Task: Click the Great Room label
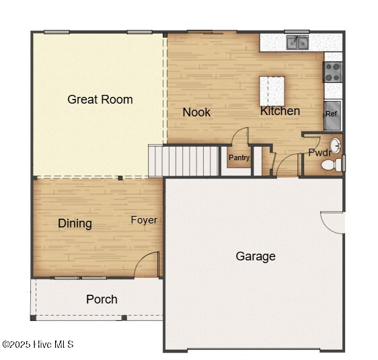(x=100, y=100)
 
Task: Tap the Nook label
(x=196, y=112)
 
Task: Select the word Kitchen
(x=280, y=111)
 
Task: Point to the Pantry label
(x=239, y=158)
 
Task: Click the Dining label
(x=75, y=223)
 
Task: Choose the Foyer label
(x=144, y=220)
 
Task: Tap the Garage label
(x=256, y=256)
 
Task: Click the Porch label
(x=102, y=299)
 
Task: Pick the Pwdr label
(x=318, y=153)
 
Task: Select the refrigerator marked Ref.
(x=332, y=114)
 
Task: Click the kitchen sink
(x=297, y=43)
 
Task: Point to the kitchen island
(x=272, y=90)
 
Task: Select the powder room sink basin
(x=334, y=145)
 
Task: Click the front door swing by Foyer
(x=147, y=264)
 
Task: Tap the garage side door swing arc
(x=333, y=221)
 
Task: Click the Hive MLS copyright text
(x=38, y=345)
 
